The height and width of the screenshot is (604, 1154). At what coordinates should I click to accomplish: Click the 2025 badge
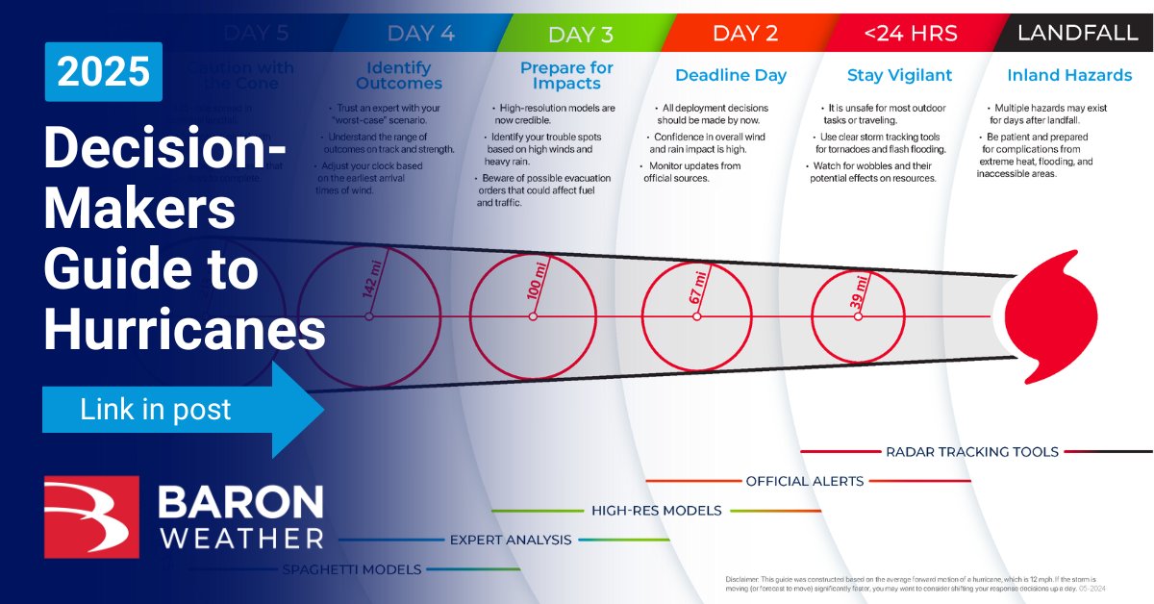click(x=103, y=72)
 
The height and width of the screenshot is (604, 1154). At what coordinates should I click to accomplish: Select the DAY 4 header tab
click(x=420, y=34)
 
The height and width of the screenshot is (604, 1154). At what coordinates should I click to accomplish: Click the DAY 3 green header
click(x=580, y=35)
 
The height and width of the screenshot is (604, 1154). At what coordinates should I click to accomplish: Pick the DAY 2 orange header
click(x=744, y=34)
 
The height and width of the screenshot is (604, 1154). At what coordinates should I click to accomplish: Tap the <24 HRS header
click(x=910, y=34)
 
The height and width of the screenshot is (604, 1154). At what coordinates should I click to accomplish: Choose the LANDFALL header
click(x=1077, y=34)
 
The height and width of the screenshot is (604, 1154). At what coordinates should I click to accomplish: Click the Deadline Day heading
click(x=730, y=75)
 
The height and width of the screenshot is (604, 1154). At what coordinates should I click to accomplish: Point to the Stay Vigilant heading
click(x=899, y=75)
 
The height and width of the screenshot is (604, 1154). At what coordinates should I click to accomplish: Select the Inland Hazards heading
click(x=1069, y=75)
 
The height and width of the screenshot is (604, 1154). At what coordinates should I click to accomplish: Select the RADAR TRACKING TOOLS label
click(x=971, y=451)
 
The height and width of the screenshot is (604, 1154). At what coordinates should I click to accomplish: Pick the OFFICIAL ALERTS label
click(x=804, y=481)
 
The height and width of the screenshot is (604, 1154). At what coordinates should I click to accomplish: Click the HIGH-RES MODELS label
click(x=656, y=511)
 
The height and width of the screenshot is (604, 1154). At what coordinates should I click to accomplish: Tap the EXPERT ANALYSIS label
click(x=512, y=540)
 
